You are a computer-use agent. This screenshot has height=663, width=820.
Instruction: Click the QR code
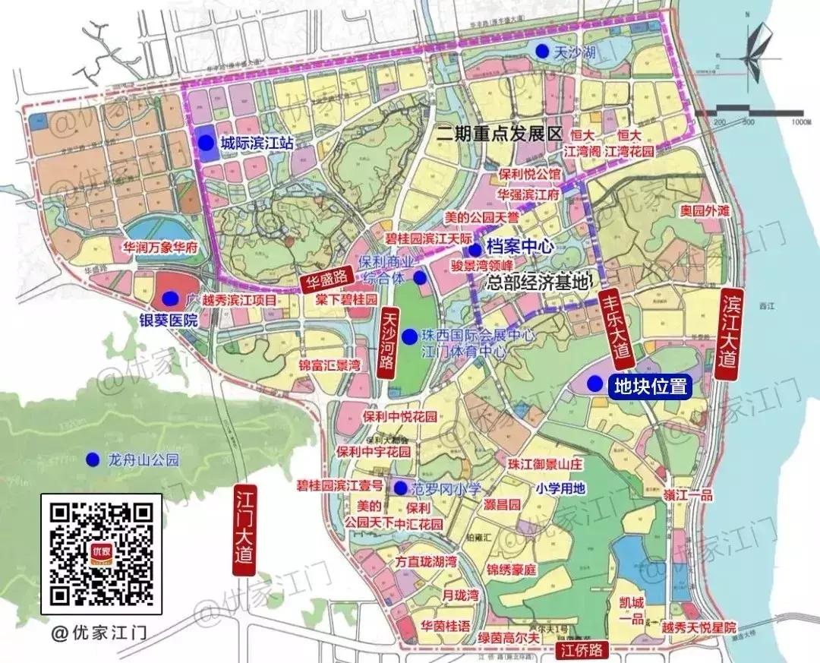point(101,555)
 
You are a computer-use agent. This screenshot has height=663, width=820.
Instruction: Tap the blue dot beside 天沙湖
point(542,51)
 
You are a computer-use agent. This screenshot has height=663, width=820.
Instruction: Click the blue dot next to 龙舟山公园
point(93,459)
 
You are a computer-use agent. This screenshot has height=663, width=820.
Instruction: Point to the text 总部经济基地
point(538,283)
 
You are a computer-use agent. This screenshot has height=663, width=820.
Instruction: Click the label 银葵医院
point(167,320)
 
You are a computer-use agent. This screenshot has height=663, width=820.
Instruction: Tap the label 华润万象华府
point(160,247)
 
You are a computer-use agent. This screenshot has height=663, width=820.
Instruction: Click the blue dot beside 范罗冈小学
point(399,487)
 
